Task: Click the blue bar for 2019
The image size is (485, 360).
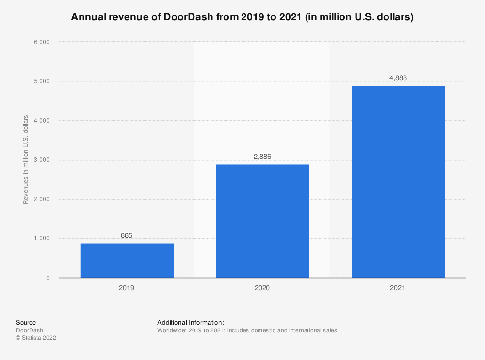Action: [127, 260]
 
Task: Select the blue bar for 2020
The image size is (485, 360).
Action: [262, 221]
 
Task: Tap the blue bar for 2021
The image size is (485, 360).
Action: [398, 182]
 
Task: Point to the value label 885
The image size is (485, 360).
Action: [127, 236]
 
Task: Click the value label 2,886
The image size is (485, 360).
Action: [262, 157]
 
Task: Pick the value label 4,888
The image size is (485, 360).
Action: [398, 78]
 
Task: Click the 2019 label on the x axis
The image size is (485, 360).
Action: [127, 288]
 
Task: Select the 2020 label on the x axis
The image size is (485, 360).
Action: [262, 288]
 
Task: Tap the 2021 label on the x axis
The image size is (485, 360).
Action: [398, 288]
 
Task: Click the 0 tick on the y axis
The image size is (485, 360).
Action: [48, 278]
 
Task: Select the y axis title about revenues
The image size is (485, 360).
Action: [26, 160]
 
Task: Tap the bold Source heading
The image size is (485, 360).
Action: [26, 322]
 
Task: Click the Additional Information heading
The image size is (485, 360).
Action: [191, 322]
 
